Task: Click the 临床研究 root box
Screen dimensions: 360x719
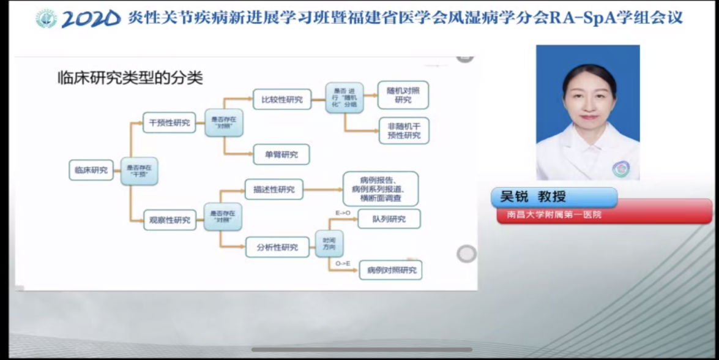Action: [x=91, y=170]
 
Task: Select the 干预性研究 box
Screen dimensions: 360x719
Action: [x=169, y=122]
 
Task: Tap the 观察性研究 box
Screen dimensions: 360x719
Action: [x=169, y=220]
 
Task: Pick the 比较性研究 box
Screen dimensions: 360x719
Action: [x=281, y=99]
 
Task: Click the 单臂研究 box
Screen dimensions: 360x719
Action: [x=281, y=154]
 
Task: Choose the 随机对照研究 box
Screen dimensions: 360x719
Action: [x=403, y=95]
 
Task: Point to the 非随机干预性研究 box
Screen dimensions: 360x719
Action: [x=404, y=130]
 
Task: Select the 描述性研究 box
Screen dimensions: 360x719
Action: [x=274, y=190]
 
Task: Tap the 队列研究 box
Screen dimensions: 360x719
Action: [x=389, y=219]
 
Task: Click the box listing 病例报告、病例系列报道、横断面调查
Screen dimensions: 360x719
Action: [x=381, y=189]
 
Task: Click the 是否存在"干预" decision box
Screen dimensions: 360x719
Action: [x=139, y=170]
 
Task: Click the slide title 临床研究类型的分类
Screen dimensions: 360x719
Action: [x=129, y=78]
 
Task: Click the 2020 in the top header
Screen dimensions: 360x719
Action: [x=91, y=18]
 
